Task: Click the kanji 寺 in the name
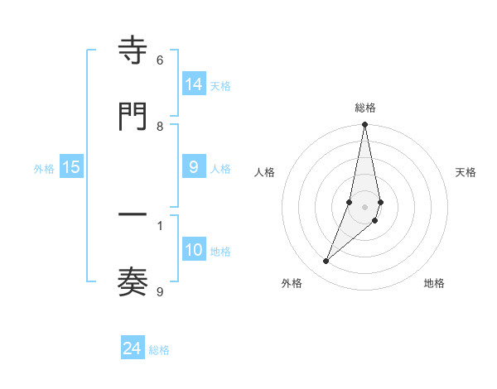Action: point(133,51)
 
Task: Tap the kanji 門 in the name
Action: point(133,117)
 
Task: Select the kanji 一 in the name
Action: point(133,216)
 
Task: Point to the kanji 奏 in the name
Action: point(133,282)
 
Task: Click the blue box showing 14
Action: point(194,84)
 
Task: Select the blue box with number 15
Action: point(71,167)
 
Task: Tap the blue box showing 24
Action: point(133,348)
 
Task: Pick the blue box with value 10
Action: point(194,250)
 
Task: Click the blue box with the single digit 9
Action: point(194,167)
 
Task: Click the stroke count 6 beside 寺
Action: point(160,60)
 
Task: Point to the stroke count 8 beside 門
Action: point(160,127)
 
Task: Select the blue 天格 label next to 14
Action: point(220,85)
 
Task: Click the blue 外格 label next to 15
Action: point(44,168)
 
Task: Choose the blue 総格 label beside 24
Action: point(159,350)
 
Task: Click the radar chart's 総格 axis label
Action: point(365,108)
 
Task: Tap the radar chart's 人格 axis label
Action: point(265,172)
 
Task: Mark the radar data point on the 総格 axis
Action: point(365,126)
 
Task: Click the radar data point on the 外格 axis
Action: point(326,262)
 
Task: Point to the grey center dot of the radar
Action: point(365,206)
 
